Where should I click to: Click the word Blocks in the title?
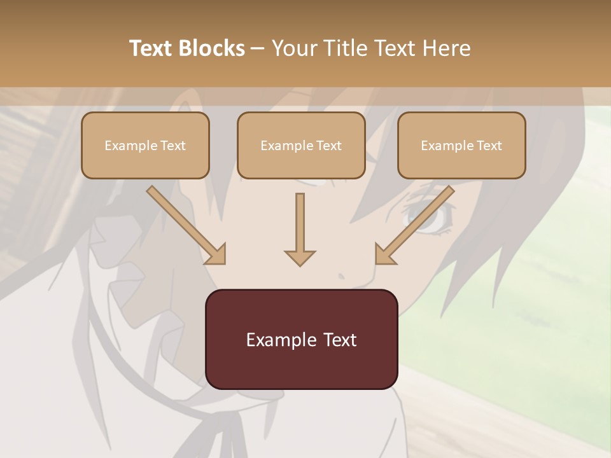[211, 48]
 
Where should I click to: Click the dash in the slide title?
[258, 48]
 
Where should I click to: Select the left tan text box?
[145, 146]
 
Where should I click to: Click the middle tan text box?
[301, 146]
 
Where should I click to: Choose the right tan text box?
[461, 146]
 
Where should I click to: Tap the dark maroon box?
[301, 339]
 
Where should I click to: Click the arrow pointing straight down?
[300, 229]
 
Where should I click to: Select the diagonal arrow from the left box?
[186, 225]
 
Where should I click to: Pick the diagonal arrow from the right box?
[415, 225]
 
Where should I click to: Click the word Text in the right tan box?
[489, 146]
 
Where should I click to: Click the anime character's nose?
[342, 276]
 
